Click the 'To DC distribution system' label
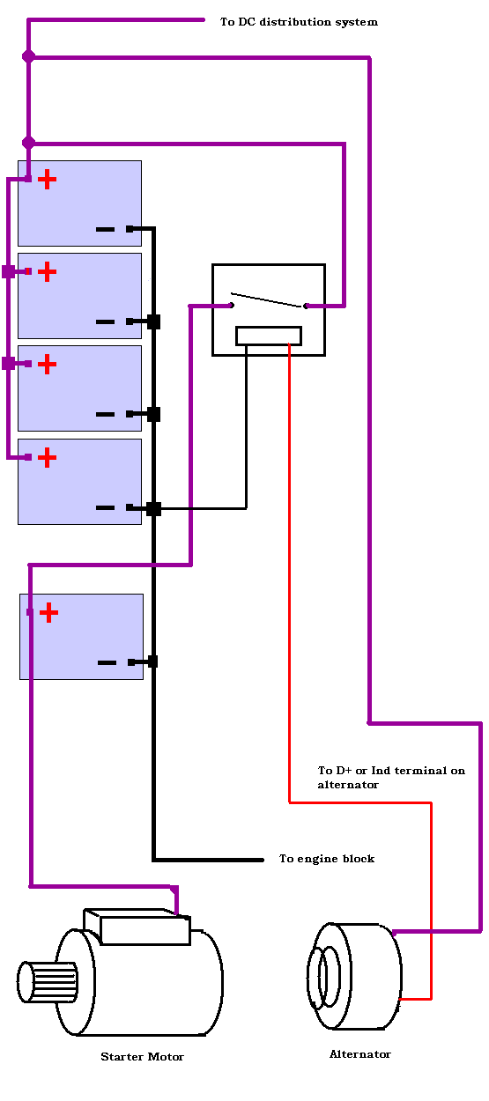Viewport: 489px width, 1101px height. [299, 22]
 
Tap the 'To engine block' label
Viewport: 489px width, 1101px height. [327, 859]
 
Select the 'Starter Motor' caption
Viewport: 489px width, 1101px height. [142, 1057]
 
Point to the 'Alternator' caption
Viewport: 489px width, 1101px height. [360, 1053]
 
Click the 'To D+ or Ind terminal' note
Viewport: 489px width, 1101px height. [391, 777]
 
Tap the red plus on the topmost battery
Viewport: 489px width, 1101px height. [48, 180]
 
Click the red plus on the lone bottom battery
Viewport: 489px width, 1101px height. [48, 613]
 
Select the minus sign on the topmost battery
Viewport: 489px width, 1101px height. [105, 229]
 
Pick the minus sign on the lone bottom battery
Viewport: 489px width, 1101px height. [107, 662]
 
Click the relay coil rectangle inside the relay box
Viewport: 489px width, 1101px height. [269, 336]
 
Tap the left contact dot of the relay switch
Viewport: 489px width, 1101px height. [232, 306]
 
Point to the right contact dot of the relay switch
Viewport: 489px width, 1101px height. [306, 306]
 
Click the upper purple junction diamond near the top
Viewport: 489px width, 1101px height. [28, 56]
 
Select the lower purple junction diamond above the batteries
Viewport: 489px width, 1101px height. [28, 143]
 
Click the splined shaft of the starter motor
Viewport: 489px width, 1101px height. [48, 982]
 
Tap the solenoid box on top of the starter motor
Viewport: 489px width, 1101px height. [137, 927]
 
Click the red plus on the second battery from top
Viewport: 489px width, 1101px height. [48, 272]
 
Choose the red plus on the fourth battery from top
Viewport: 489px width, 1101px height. [48, 458]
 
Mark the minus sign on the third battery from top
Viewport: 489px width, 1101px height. [105, 414]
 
